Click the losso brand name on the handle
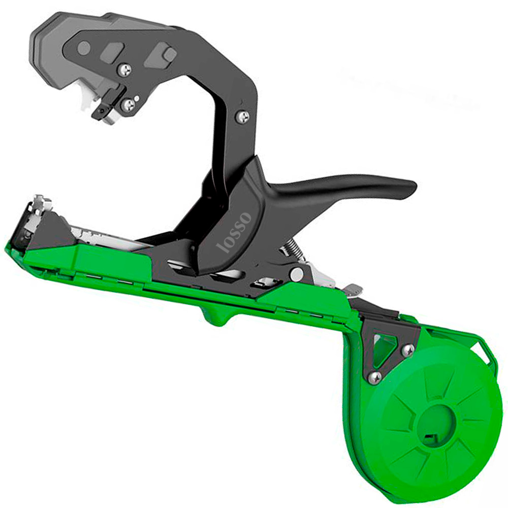234,232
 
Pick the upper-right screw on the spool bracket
407,350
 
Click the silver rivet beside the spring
297,274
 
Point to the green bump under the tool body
214,317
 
